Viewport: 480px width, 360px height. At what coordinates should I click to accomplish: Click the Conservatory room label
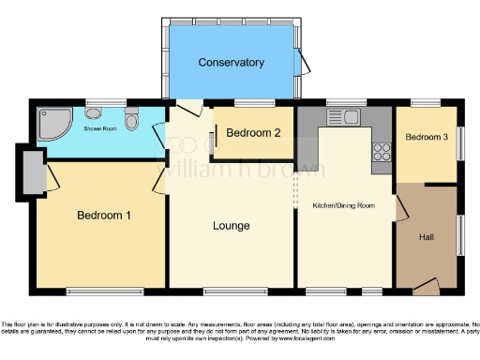(x=231, y=63)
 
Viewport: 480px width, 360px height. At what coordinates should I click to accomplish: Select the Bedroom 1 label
(x=103, y=215)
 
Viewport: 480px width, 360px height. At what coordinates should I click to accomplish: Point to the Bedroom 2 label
(x=253, y=133)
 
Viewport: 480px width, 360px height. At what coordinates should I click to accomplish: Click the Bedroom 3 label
(x=427, y=138)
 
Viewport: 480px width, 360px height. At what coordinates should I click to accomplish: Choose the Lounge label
(x=231, y=226)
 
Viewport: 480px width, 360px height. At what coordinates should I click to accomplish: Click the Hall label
(x=427, y=236)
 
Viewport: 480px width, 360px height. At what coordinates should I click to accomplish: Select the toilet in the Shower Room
(x=132, y=119)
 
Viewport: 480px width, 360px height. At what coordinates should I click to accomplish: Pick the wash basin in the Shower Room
(x=96, y=112)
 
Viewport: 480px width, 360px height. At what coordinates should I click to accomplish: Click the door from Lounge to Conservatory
(x=187, y=107)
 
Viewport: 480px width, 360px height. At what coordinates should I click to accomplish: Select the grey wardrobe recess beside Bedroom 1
(x=31, y=172)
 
